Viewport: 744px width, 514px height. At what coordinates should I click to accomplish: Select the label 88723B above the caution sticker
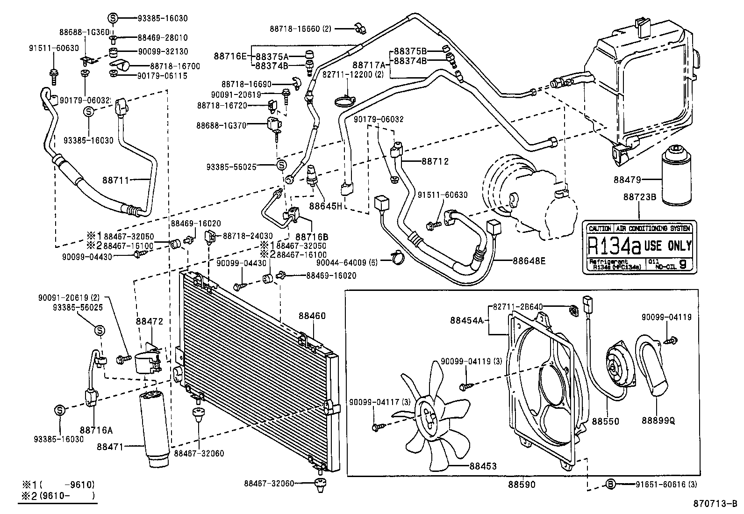coord(639,197)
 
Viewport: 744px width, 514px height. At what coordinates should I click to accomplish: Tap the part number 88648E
coord(529,261)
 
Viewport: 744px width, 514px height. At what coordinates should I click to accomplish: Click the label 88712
coord(435,161)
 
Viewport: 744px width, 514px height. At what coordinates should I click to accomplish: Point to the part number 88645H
coord(326,206)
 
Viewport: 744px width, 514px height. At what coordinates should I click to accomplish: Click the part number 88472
coord(150,321)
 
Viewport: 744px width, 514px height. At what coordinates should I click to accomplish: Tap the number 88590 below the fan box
coord(522,485)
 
